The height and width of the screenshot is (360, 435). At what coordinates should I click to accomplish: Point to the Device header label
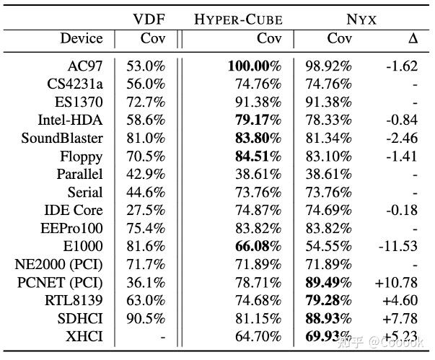tap(82, 38)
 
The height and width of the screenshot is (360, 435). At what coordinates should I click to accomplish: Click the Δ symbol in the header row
tap(413, 38)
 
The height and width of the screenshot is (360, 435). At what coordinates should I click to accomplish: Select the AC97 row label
tap(85, 66)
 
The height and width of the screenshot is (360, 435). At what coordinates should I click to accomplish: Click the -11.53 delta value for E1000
tap(400, 246)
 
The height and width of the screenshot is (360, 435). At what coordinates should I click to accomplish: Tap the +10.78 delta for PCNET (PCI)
tap(397, 282)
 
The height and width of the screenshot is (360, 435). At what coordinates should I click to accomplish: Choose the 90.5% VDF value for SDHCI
tap(146, 318)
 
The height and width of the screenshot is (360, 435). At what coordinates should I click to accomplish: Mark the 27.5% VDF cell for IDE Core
tap(146, 210)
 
